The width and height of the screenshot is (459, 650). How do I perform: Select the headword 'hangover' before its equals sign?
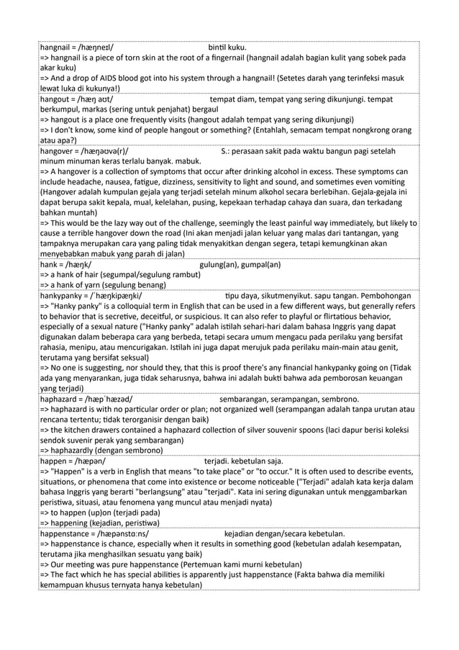(x=58, y=151)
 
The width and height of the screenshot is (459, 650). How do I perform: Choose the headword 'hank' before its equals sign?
(x=50, y=265)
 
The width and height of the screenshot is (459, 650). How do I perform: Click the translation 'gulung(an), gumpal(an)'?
(x=240, y=265)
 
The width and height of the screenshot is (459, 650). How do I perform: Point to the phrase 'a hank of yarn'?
(x=76, y=286)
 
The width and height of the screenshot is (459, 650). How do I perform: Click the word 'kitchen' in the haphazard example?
(x=82, y=430)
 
